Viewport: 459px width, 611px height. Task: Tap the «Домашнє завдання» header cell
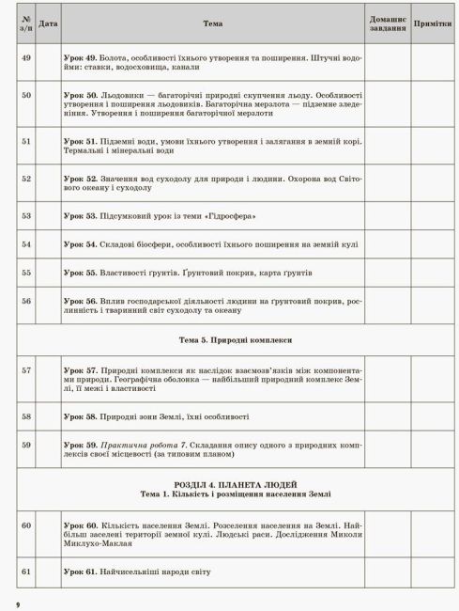[x=388, y=23]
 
